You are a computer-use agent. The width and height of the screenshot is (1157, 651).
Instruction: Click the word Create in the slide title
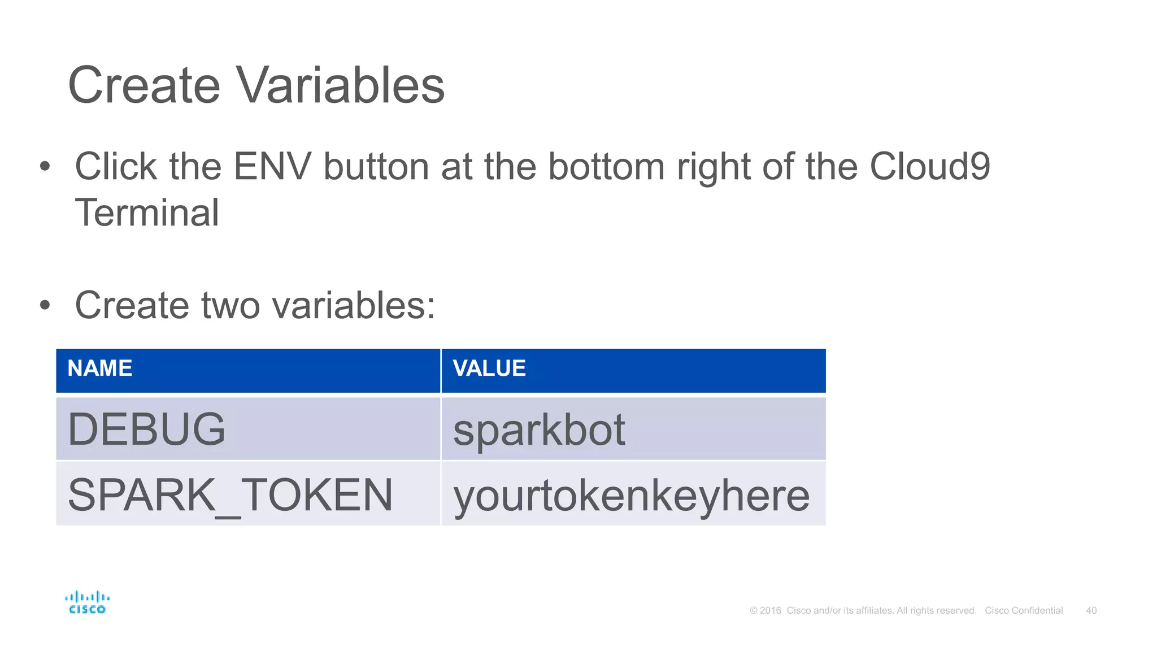pyautogui.click(x=144, y=85)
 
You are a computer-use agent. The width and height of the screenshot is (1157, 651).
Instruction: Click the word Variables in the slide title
pyautogui.click(x=340, y=85)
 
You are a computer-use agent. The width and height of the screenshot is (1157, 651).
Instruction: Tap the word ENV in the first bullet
pyautogui.click(x=272, y=167)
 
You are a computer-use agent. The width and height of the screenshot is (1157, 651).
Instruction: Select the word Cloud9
pyautogui.click(x=929, y=167)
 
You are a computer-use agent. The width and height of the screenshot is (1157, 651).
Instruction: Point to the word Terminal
pyautogui.click(x=147, y=213)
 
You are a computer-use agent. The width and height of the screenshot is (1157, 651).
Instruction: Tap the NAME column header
pyautogui.click(x=100, y=368)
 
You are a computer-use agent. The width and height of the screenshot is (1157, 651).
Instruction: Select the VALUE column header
pyautogui.click(x=489, y=368)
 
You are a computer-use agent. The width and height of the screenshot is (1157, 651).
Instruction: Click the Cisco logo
pyautogui.click(x=87, y=602)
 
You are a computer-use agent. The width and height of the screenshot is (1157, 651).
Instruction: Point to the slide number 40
pyautogui.click(x=1091, y=610)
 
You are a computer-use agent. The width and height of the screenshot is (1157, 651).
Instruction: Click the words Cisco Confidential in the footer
pyautogui.click(x=1024, y=610)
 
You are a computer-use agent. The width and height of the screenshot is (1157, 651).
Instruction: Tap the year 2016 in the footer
pyautogui.click(x=770, y=610)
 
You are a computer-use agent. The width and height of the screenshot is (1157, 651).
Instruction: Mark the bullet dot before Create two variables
pyautogui.click(x=45, y=306)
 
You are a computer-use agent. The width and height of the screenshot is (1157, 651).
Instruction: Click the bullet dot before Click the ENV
pyautogui.click(x=45, y=167)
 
